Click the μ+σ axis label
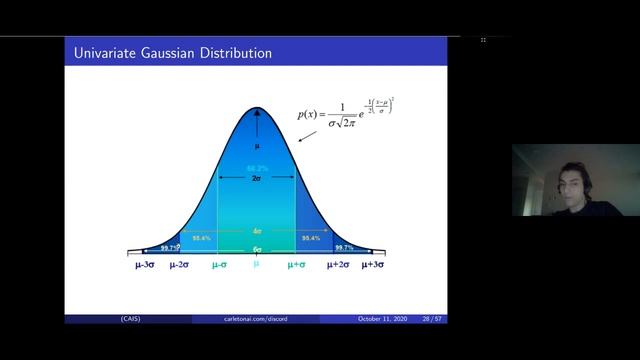pyautogui.click(x=297, y=265)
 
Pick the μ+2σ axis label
pyautogui.click(x=337, y=265)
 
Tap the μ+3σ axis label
pyautogui.click(x=372, y=265)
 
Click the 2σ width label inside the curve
pyautogui.click(x=256, y=178)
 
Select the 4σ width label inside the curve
pyautogui.click(x=257, y=231)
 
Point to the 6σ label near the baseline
pyautogui.click(x=257, y=249)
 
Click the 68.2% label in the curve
pyautogui.click(x=256, y=169)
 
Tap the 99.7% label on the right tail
pyautogui.click(x=344, y=248)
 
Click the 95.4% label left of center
pyautogui.click(x=201, y=238)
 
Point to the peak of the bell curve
pyautogui.click(x=256, y=109)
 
